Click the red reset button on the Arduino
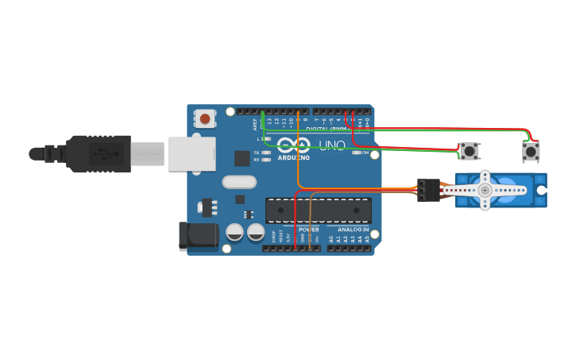pos(205,119)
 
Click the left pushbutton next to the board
pos(470,151)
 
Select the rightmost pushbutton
pos(531,151)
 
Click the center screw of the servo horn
pos(485,190)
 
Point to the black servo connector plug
pos(428,190)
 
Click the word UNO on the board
pos(331,145)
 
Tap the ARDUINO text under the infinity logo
pos(294,157)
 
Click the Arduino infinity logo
pos(294,145)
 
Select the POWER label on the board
pos(308,230)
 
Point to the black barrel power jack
pos(199,236)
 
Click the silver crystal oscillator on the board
pos(239,182)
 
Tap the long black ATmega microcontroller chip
pos(318,211)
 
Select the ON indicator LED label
pos(365,153)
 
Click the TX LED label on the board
pos(256,153)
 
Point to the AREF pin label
pos(256,125)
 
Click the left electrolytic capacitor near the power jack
pos(235,232)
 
